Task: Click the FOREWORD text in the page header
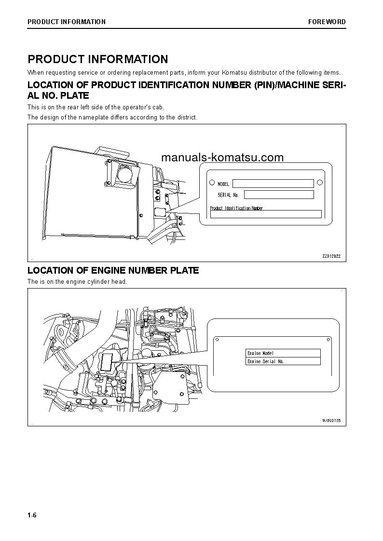tap(327, 22)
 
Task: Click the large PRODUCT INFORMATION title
tap(98, 59)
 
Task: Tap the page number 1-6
tap(32, 515)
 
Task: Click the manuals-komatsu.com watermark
tap(222, 158)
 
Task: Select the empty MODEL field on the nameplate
tap(273, 184)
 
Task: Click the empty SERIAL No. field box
tap(278, 195)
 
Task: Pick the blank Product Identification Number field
tap(265, 214)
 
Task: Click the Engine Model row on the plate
tap(283, 353)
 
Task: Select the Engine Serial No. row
tap(283, 361)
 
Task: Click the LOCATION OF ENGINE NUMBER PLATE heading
tap(113, 271)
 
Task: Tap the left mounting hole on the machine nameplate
tap(212, 183)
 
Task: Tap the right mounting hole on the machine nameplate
tap(319, 183)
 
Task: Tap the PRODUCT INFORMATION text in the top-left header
tap(67, 22)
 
